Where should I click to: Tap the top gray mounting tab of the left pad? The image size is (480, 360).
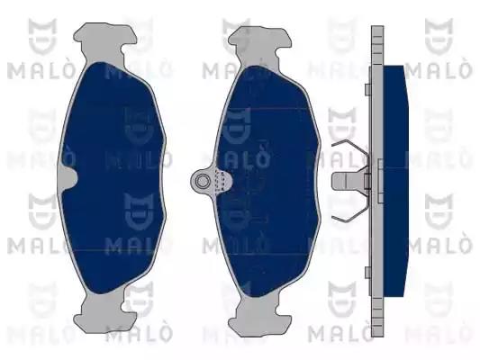coord(104,43)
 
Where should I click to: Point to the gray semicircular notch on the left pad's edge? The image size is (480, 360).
coord(68,178)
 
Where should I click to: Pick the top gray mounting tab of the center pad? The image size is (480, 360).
coord(259,46)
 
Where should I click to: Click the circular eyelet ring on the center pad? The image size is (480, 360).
coord(202,182)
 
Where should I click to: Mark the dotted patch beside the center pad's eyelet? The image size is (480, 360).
coord(222,182)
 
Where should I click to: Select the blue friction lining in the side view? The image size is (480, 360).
coord(396,181)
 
